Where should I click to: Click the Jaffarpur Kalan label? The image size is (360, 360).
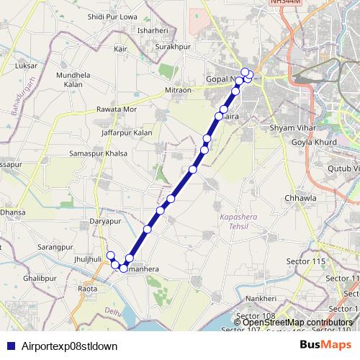click(127, 133)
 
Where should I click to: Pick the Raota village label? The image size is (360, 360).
click(87, 289)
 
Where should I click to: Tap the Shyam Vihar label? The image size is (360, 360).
click(288, 127)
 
